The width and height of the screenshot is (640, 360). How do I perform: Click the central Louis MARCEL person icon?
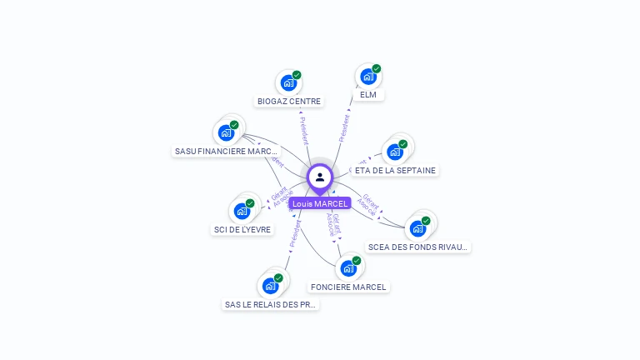point(320,177)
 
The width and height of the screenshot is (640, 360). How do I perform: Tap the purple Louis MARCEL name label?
point(320,203)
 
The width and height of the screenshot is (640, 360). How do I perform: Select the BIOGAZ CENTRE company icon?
point(288,82)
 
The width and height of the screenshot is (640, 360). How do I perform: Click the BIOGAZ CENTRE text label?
point(289,102)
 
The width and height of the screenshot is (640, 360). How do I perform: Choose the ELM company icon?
point(368,77)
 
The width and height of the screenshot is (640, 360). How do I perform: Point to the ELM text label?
point(368,95)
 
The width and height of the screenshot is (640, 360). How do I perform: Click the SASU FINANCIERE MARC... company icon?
point(226,132)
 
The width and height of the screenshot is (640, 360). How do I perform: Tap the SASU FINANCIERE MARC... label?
point(227,152)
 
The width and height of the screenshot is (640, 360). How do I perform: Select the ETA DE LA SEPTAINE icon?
point(394,152)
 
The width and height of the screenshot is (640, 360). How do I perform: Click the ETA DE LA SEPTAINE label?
point(395,170)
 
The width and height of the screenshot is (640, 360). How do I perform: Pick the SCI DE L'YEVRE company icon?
point(242,211)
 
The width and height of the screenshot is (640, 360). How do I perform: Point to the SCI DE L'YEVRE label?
point(242,230)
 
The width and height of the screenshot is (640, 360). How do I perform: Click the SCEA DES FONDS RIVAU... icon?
point(417,228)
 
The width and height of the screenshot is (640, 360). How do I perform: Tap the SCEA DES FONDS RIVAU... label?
point(419,247)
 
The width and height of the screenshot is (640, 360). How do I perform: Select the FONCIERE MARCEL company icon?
point(348,268)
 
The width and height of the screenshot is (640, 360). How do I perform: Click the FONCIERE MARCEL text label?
point(348,287)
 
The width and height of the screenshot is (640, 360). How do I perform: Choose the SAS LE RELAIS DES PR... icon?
point(270,286)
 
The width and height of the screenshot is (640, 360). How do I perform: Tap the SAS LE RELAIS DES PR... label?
point(271,305)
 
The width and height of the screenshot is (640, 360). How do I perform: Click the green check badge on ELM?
point(377,69)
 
